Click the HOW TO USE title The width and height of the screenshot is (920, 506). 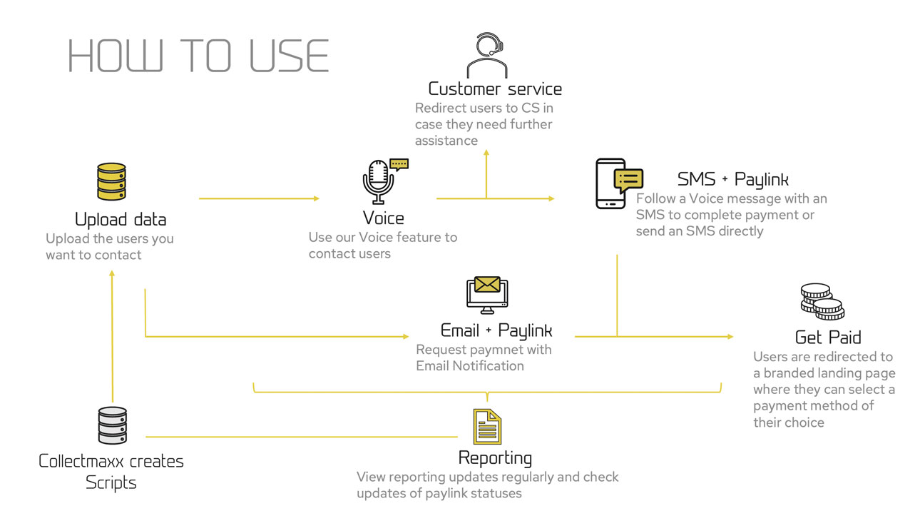pos(198,56)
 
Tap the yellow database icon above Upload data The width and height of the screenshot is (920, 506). pos(111,181)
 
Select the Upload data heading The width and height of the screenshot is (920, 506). pos(121,219)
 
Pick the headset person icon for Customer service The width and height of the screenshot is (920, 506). pos(487,56)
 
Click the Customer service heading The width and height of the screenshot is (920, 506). pos(495,89)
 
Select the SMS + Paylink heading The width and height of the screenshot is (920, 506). pos(733,178)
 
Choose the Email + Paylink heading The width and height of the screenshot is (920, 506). pos(496,331)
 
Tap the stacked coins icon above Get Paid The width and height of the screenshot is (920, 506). pos(822,301)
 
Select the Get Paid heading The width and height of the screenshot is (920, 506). pos(828,337)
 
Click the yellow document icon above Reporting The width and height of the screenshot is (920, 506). pos(488,427)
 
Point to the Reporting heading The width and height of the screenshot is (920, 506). pos(495,457)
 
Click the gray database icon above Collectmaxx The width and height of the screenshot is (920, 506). pos(112,425)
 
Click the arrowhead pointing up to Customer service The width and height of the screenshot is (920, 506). pos(486,153)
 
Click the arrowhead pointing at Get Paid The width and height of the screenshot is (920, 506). pos(730,336)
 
